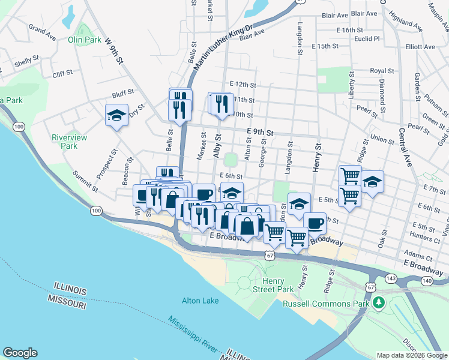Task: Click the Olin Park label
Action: click(x=85, y=40)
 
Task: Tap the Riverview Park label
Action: click(x=70, y=142)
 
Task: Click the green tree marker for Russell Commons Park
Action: click(x=378, y=302)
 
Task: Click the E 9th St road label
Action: click(x=259, y=132)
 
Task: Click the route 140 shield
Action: click(x=427, y=280)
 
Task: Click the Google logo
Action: click(x=20, y=353)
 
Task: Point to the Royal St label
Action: click(x=381, y=71)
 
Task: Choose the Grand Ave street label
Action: click(x=42, y=33)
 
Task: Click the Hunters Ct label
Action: click(x=426, y=238)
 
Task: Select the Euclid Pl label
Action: click(x=368, y=38)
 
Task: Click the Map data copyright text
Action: click(x=411, y=355)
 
